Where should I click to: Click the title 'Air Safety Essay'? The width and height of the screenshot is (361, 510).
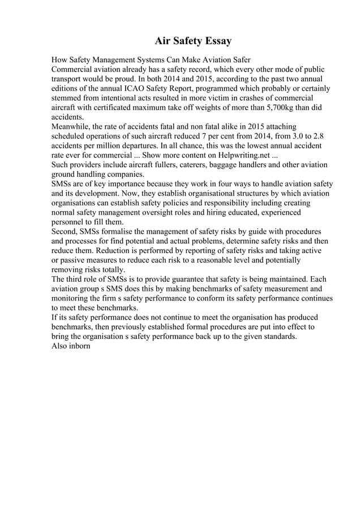point(193,41)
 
